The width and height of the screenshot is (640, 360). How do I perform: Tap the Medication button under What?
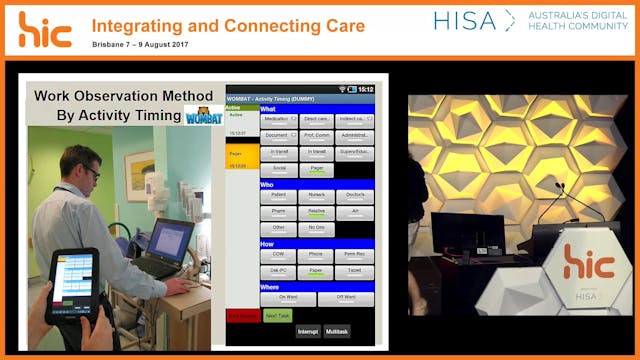278,119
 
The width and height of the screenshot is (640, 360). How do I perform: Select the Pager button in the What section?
317,170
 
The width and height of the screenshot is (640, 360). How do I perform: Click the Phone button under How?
317,255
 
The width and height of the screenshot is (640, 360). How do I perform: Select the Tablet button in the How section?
355,270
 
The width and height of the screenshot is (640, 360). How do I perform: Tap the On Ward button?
288,298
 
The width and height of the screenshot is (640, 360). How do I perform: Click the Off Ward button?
345,298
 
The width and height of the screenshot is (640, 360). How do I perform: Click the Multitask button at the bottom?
337,331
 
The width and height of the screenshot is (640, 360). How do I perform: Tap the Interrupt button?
307,331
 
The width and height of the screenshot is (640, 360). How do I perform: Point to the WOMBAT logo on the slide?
197,115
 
